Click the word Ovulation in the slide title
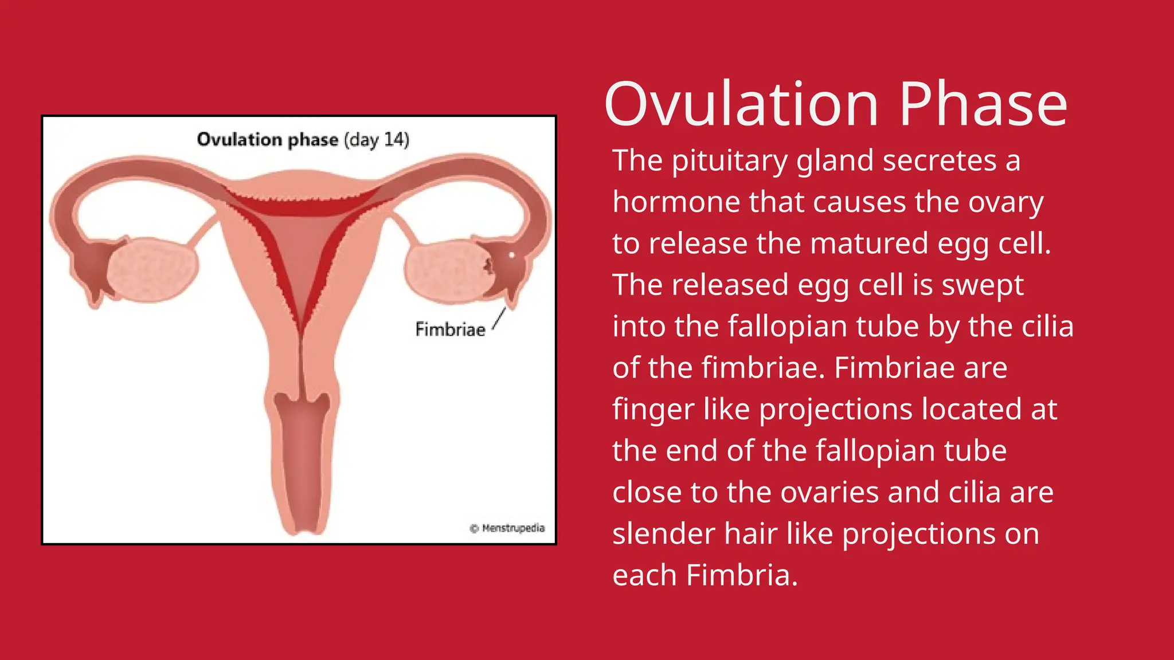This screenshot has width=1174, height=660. pyautogui.click(x=741, y=105)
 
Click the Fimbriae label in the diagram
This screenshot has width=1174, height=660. pyautogui.click(x=450, y=329)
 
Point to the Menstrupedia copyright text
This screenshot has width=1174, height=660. pyautogui.click(x=507, y=528)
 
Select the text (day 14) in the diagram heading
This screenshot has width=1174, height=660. pyautogui.click(x=377, y=140)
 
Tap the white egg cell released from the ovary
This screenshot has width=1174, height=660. pyautogui.click(x=511, y=254)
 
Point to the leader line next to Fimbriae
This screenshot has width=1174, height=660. pyautogui.click(x=499, y=319)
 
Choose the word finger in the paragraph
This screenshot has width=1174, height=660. pyautogui.click(x=653, y=410)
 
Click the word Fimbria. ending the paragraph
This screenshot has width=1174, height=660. pyautogui.click(x=742, y=575)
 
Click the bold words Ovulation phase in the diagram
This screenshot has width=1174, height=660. pyautogui.click(x=267, y=140)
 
